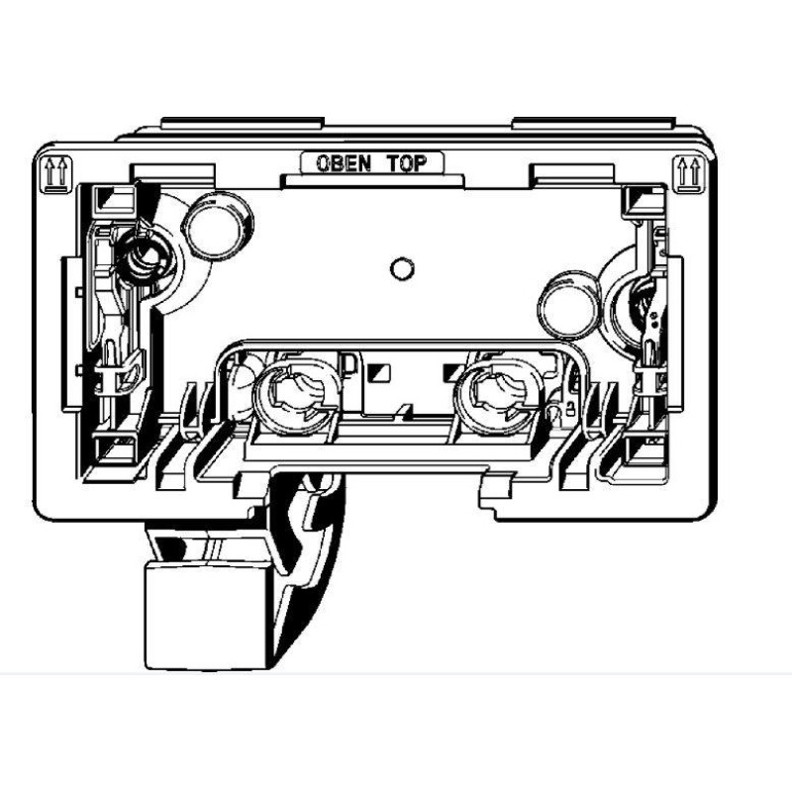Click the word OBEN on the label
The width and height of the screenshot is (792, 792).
[344, 163]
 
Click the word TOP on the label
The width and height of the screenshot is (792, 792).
[407, 163]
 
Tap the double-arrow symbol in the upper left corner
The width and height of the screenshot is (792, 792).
[55, 174]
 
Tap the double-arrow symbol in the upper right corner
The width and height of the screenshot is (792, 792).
[690, 174]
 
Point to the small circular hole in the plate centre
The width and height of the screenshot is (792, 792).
[403, 268]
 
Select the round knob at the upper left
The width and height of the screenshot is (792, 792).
[217, 227]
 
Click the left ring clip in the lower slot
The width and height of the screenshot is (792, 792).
[293, 397]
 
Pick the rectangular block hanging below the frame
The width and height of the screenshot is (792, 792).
[207, 615]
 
